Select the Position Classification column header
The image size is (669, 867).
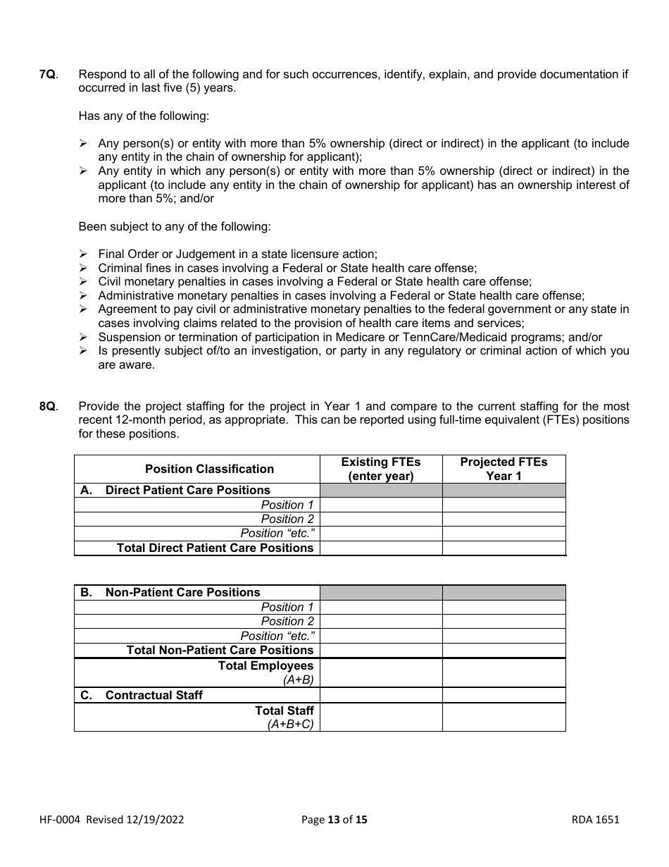tap(209, 469)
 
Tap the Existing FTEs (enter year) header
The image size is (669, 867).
tap(380, 469)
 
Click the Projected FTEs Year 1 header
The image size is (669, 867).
tap(504, 469)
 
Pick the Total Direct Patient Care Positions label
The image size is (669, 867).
tap(215, 548)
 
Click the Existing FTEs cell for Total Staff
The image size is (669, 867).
tap(380, 717)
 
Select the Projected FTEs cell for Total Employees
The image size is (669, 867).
tap(504, 672)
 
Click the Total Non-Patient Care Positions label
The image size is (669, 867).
tap(220, 650)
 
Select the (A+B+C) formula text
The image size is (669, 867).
tap(290, 725)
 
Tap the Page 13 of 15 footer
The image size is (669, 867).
tap(334, 820)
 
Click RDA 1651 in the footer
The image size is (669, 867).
tap(595, 820)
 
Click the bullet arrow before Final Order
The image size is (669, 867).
tap(83, 254)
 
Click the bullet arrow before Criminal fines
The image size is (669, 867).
tap(83, 268)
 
